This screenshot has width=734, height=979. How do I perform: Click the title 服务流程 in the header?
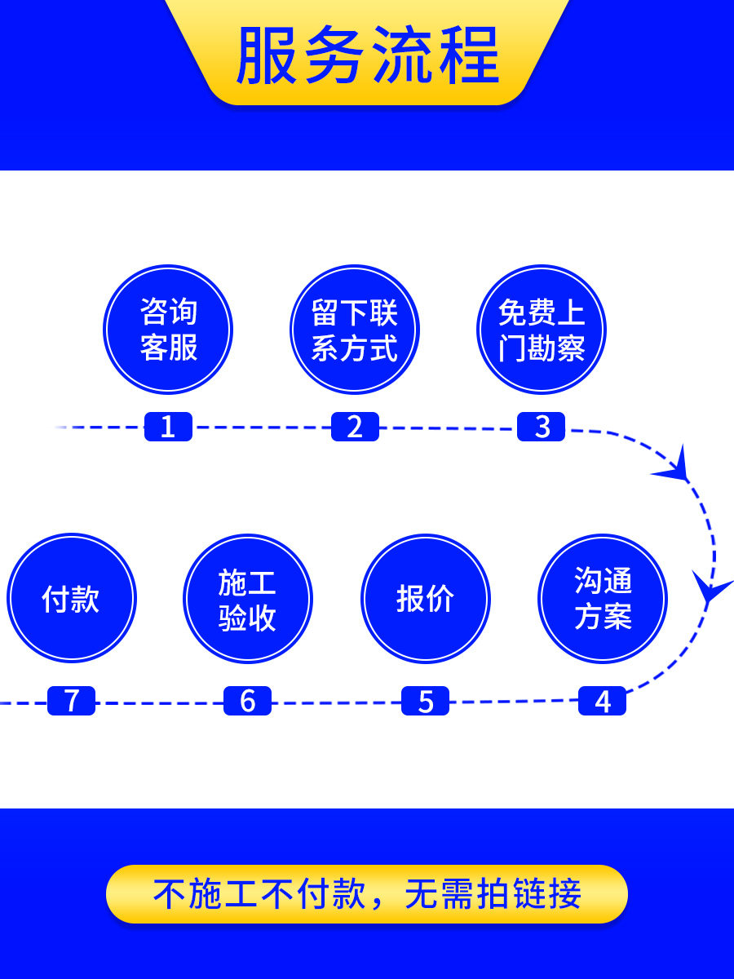point(367,55)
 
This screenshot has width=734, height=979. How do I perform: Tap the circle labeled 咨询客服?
point(168,330)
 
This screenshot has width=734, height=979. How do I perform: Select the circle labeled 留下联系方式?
point(355,330)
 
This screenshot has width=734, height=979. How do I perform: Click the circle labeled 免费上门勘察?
point(542,330)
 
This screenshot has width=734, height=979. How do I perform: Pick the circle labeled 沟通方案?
point(603,599)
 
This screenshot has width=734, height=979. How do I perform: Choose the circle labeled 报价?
point(425,599)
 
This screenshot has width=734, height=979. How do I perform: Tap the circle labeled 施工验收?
point(247,599)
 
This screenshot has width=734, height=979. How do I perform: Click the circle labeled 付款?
point(71,599)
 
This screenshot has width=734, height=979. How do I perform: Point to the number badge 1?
point(168,427)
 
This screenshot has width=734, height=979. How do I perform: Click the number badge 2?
point(355,427)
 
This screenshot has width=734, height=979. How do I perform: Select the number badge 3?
point(542,427)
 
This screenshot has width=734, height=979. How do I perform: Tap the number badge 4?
point(603,701)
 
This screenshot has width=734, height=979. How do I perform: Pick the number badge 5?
point(425,701)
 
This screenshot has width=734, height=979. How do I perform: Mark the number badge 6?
point(247,701)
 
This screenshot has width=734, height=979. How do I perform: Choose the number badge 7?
point(71,701)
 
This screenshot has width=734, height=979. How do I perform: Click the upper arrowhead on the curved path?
point(676,467)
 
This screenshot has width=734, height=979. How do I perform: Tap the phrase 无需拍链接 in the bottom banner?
point(493,894)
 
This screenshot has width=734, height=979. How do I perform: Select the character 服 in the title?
point(268,55)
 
